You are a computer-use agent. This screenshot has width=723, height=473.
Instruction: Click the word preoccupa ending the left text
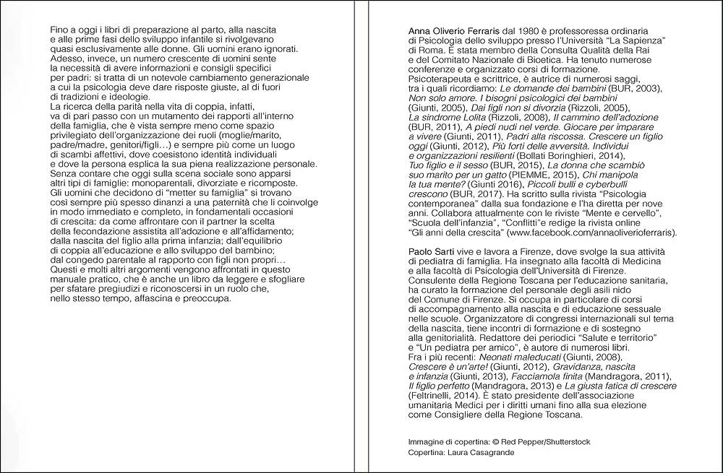(x=206, y=299)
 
